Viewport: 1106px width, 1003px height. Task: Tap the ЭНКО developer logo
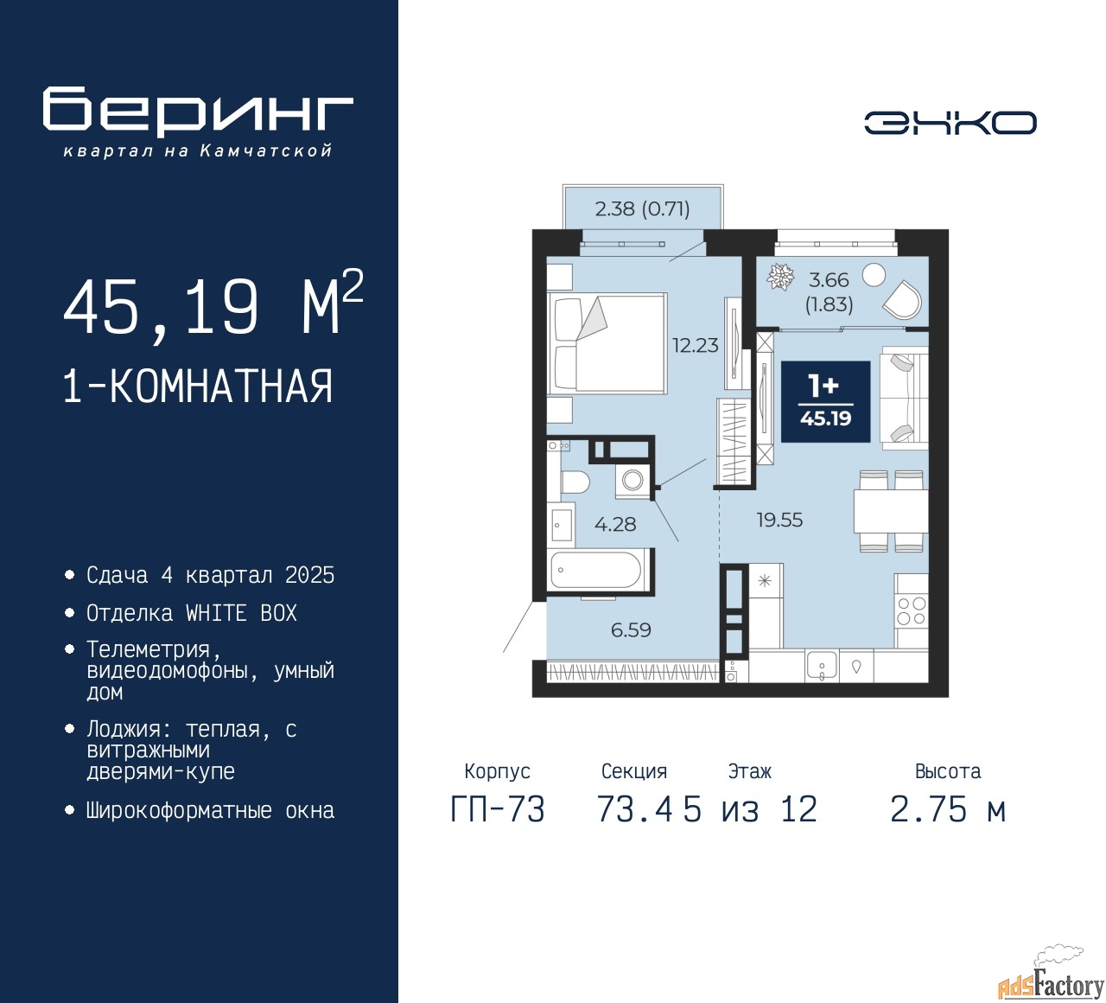tap(950, 123)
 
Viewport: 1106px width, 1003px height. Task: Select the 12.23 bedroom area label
tap(696, 346)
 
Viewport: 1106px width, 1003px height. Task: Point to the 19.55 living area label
tap(779, 520)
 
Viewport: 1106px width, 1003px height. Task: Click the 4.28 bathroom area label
tap(615, 524)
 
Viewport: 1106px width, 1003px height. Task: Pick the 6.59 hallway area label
tap(631, 629)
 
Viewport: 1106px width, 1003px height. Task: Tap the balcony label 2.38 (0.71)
tap(642, 209)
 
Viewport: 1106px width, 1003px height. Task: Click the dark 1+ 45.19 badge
tap(825, 402)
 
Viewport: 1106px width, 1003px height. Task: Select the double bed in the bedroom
tap(607, 342)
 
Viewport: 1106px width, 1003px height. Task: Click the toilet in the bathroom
tap(575, 482)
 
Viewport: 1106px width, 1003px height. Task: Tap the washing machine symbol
tap(632, 481)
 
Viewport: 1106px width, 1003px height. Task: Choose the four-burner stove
tap(911, 610)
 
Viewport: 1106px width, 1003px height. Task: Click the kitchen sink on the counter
tap(821, 664)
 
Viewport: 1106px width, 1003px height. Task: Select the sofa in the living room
tap(904, 398)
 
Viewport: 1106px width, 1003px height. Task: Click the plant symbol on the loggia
tap(781, 277)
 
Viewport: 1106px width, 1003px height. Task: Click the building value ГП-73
tap(498, 809)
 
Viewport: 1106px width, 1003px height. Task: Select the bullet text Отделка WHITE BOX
tap(191, 613)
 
